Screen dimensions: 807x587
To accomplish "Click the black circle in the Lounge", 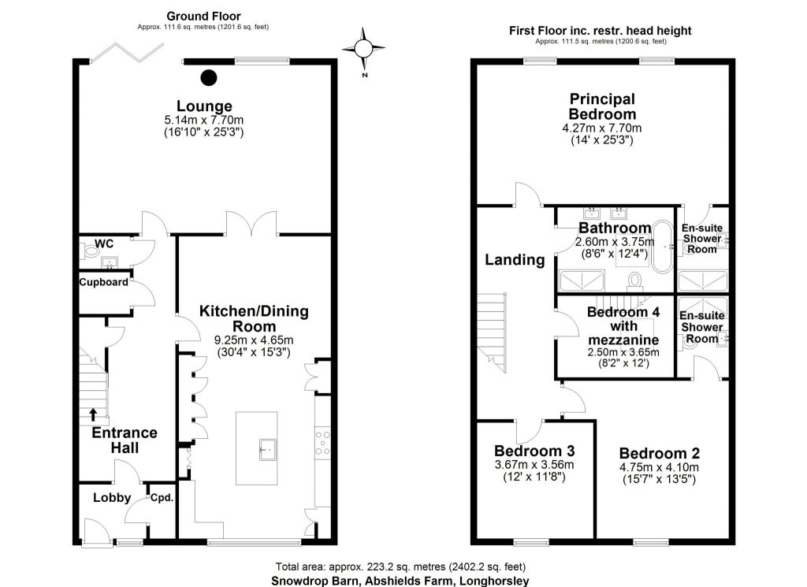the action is click(x=208, y=78).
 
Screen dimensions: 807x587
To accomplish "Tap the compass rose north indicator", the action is click(x=363, y=49).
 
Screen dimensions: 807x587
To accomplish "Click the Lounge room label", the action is click(x=204, y=106).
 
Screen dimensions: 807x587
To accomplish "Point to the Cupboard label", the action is click(x=103, y=282).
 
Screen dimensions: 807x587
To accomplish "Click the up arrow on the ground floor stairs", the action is click(x=93, y=414).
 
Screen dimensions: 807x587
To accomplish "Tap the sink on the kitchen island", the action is click(x=267, y=449).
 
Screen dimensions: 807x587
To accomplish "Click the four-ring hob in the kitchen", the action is click(x=322, y=443).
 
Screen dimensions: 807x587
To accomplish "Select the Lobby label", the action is click(x=112, y=497).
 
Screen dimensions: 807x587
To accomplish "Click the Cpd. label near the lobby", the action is click(x=162, y=498).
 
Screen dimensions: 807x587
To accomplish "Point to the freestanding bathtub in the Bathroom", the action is click(x=662, y=247).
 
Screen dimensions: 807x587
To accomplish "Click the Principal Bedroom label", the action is click(x=602, y=106).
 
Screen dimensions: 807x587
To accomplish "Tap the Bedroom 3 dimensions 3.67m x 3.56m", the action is click(x=534, y=465).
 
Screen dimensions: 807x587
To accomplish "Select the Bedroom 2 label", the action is click(x=660, y=453).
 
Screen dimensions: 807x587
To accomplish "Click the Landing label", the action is click(x=515, y=260).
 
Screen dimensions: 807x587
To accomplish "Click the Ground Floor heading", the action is click(x=203, y=16).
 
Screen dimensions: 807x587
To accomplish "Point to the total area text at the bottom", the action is click(x=400, y=567).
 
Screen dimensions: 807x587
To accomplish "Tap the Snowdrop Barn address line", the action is click(x=400, y=581).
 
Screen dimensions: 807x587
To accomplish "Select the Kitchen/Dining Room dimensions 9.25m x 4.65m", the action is click(x=254, y=340).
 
